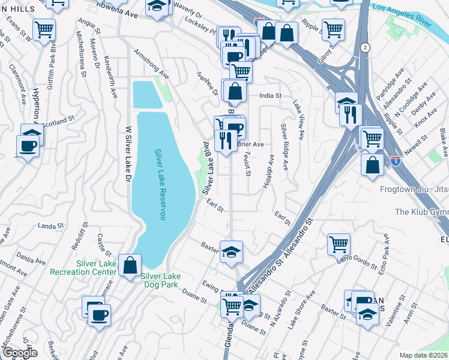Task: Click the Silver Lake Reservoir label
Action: tap(159, 185)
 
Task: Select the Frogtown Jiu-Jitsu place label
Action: tap(414, 189)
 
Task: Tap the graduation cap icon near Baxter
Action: tap(231, 252)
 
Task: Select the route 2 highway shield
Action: tap(364, 47)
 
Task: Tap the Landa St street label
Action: tap(50, 226)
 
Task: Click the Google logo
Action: tap(19, 353)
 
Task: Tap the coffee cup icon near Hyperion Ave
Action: tap(28, 145)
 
